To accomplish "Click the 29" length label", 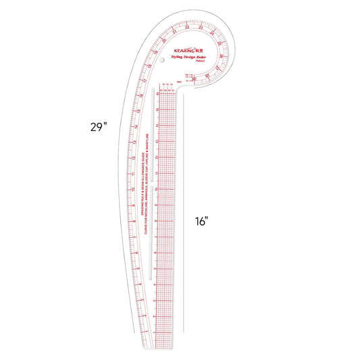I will click(x=98, y=126).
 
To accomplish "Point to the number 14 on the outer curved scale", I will click(x=136, y=126).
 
